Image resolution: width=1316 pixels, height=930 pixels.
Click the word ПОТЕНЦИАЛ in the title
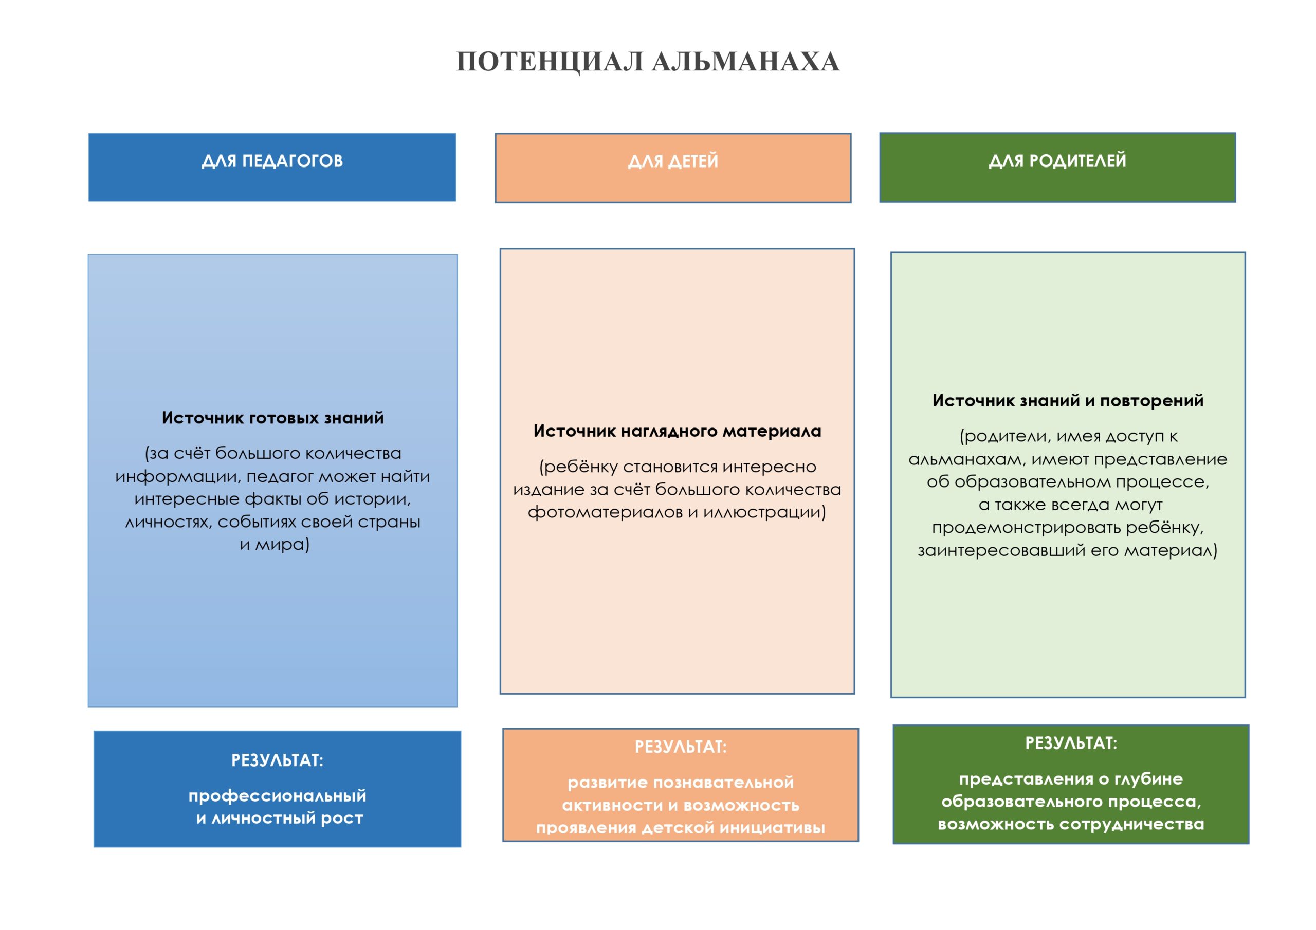[549, 62]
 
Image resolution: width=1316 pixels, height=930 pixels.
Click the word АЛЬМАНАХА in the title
[746, 62]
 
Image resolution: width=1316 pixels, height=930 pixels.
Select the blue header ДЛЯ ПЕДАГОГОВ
[272, 161]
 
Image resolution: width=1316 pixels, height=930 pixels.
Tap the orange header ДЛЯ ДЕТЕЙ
[673, 161]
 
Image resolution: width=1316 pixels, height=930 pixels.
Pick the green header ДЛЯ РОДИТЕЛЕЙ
[1057, 161]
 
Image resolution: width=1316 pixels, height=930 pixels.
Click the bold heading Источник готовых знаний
[273, 418]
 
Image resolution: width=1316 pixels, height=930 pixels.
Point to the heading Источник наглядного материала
[677, 431]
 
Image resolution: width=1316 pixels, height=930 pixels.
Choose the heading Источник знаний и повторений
[1068, 401]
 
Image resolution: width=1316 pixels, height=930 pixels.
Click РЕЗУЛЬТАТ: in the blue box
[278, 760]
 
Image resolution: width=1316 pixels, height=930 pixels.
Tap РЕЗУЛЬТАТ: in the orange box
[680, 747]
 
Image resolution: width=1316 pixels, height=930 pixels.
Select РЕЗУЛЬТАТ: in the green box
[1071, 743]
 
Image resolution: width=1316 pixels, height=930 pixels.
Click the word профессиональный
[278, 796]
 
